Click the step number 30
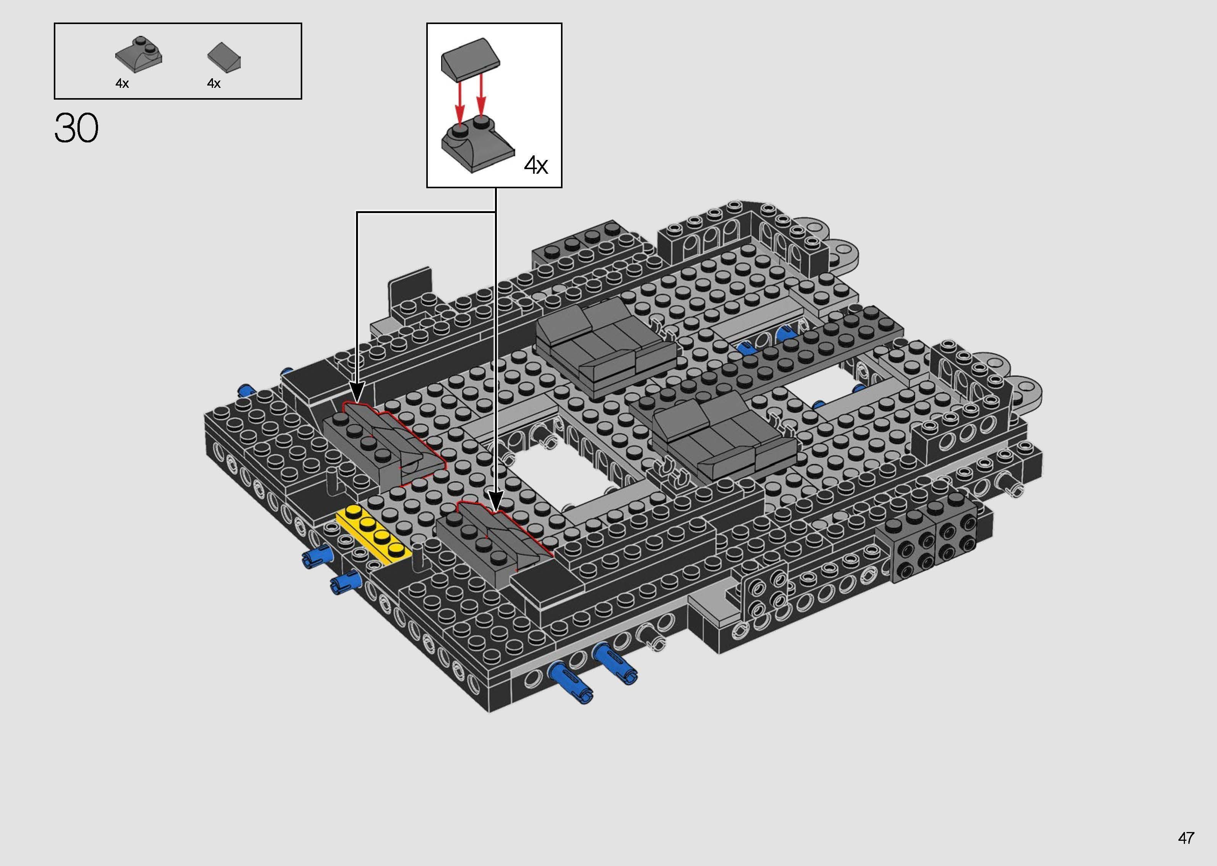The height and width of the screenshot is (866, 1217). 76,129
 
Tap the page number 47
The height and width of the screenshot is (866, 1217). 1186,838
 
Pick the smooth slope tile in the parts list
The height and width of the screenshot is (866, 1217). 224,56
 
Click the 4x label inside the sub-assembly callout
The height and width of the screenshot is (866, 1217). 535,165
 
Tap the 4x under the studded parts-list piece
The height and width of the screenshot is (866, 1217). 122,83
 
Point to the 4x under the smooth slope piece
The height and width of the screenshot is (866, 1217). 214,83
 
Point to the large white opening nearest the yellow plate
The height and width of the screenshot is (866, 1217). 565,476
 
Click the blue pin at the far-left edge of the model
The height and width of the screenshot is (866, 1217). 248,390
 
